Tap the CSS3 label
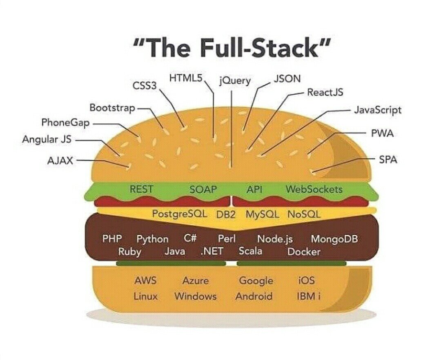145,86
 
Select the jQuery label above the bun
235,81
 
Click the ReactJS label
325,92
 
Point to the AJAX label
60,160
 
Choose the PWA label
382,133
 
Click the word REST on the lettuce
141,189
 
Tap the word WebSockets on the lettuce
314,189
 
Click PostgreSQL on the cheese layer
180,214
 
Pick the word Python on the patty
152,239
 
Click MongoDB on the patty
334,239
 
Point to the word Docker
304,252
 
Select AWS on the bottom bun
145,281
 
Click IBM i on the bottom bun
308,296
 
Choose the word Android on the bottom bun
254,296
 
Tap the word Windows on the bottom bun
195,296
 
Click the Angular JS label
47,139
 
